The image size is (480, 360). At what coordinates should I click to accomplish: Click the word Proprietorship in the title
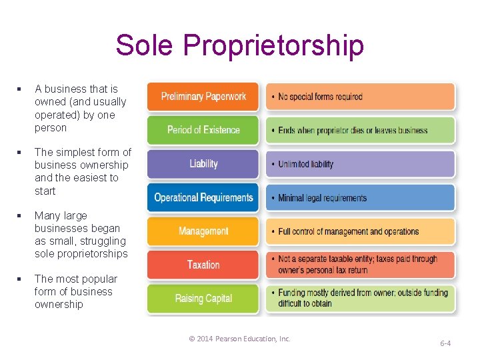pos(273,46)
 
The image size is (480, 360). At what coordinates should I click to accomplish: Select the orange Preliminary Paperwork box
pos(203,97)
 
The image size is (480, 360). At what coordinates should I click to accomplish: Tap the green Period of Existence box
pos(203,130)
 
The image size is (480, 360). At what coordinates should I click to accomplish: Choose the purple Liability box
pos(203,164)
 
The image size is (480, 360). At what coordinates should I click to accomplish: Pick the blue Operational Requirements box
pos(203,197)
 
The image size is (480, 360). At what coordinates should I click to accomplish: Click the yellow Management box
pos(203,231)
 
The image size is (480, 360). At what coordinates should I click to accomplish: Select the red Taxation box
pos(203,265)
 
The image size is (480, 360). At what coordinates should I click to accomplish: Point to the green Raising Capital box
pos(203,299)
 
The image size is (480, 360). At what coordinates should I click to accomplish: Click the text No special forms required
pos(320,97)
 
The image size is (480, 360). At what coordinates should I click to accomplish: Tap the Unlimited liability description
pos(305,164)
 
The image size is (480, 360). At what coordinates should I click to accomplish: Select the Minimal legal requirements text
pos(322,198)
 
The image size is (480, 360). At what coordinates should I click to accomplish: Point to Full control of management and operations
pos(348,231)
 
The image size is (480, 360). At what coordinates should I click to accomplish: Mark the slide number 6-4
pos(445,343)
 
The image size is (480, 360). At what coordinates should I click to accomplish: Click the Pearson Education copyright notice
pos(240,339)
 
